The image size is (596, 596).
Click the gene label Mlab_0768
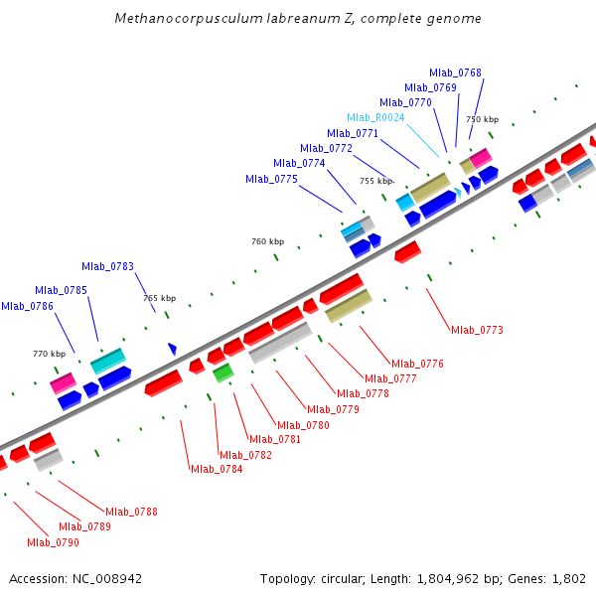tap(455, 73)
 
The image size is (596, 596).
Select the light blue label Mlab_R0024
tap(375, 117)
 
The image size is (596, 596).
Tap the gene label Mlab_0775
tap(271, 179)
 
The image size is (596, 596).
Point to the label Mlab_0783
tap(107, 266)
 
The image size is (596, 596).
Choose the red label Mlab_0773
tap(477, 330)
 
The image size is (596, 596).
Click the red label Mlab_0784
tap(217, 469)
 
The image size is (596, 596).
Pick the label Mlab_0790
tap(53, 542)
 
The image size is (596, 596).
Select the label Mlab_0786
tap(27, 306)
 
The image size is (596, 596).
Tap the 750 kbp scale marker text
tap(483, 119)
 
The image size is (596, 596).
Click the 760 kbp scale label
tap(267, 241)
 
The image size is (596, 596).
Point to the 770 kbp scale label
tap(49, 354)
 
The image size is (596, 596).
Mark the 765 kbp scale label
tap(159, 298)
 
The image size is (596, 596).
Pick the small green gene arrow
tap(223, 372)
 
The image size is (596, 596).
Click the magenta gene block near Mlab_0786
tap(64, 382)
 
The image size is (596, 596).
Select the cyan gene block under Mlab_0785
tap(108, 360)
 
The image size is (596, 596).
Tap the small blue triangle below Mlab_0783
tap(172, 349)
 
